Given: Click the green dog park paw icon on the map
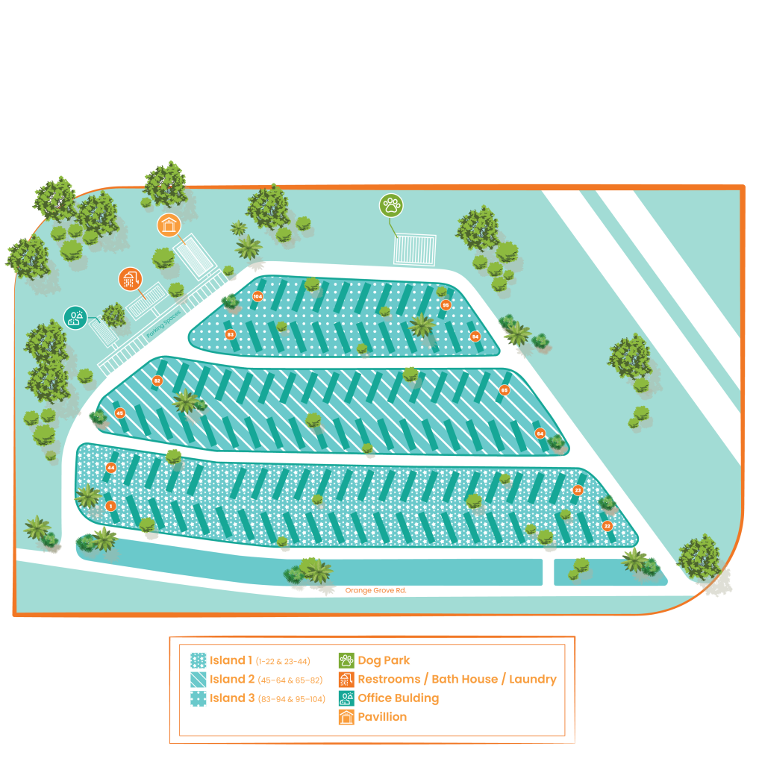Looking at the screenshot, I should pos(390,205).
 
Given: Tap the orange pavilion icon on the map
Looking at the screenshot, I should pos(169,225).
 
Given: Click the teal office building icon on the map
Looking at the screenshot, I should pos(75,318).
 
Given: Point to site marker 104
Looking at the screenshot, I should pos(257,296).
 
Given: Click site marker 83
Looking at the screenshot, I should pos(230,334).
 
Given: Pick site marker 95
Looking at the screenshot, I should pos(446,304).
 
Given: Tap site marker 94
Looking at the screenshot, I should pos(475,336).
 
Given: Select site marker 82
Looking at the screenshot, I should pos(157,381).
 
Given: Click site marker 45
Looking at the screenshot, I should pos(119,413).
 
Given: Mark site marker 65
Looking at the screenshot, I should pos(505,389).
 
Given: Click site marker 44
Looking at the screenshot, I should pos(110,468).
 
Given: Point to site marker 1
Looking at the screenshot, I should pos(111,506).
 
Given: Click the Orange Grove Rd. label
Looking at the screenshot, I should pos(375,590).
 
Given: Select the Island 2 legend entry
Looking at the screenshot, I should pos(232,679).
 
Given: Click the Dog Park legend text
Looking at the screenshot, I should pos(384,660).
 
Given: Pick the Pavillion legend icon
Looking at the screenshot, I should pos(346,717).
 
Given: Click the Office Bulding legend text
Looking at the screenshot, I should pos(398,698).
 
